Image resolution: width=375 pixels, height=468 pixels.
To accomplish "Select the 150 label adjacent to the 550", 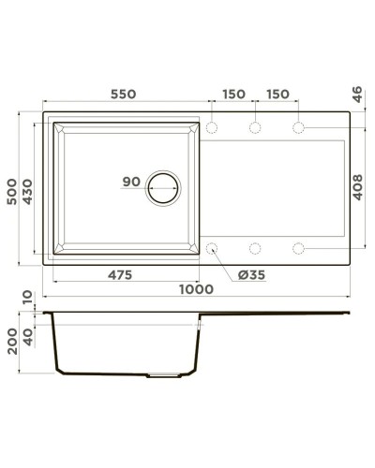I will [x=233, y=95].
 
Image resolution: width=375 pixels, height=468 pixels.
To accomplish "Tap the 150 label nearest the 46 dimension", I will [x=277, y=95].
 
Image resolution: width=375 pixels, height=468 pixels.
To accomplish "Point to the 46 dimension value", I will [x=357, y=94].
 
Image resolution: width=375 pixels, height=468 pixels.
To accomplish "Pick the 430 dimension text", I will [x=30, y=195].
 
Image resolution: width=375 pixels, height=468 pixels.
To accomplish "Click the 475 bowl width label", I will [x=119, y=274].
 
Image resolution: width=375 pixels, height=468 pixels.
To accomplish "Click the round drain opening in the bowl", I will [x=162, y=187].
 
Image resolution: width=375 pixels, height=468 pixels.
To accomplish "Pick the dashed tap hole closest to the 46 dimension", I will [x=299, y=127].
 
